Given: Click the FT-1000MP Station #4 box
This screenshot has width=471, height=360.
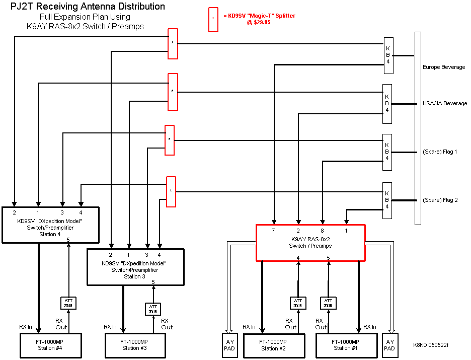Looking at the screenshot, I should click(47, 345).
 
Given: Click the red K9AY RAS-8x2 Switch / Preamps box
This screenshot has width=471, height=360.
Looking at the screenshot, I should click(310, 243).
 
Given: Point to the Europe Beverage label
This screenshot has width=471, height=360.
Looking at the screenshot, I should click(443, 67).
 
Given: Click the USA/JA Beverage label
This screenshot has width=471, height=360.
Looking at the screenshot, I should click(444, 103).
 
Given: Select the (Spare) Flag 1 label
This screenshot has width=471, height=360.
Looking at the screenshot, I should click(439, 152).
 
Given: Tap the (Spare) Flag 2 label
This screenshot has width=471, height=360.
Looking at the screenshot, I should click(439, 200).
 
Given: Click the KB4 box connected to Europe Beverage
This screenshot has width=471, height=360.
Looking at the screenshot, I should click(388, 55).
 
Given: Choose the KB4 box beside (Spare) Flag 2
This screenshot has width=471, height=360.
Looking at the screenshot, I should click(387, 200).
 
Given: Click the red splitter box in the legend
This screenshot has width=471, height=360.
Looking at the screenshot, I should click(213, 20).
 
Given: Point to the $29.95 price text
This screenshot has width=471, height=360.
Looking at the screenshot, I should click(259, 23).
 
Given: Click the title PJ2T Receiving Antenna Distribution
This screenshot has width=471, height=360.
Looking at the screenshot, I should click(88, 7).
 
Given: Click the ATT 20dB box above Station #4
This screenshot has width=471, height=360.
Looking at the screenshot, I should click(68, 303).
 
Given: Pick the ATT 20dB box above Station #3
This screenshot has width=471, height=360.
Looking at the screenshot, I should click(153, 309).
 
